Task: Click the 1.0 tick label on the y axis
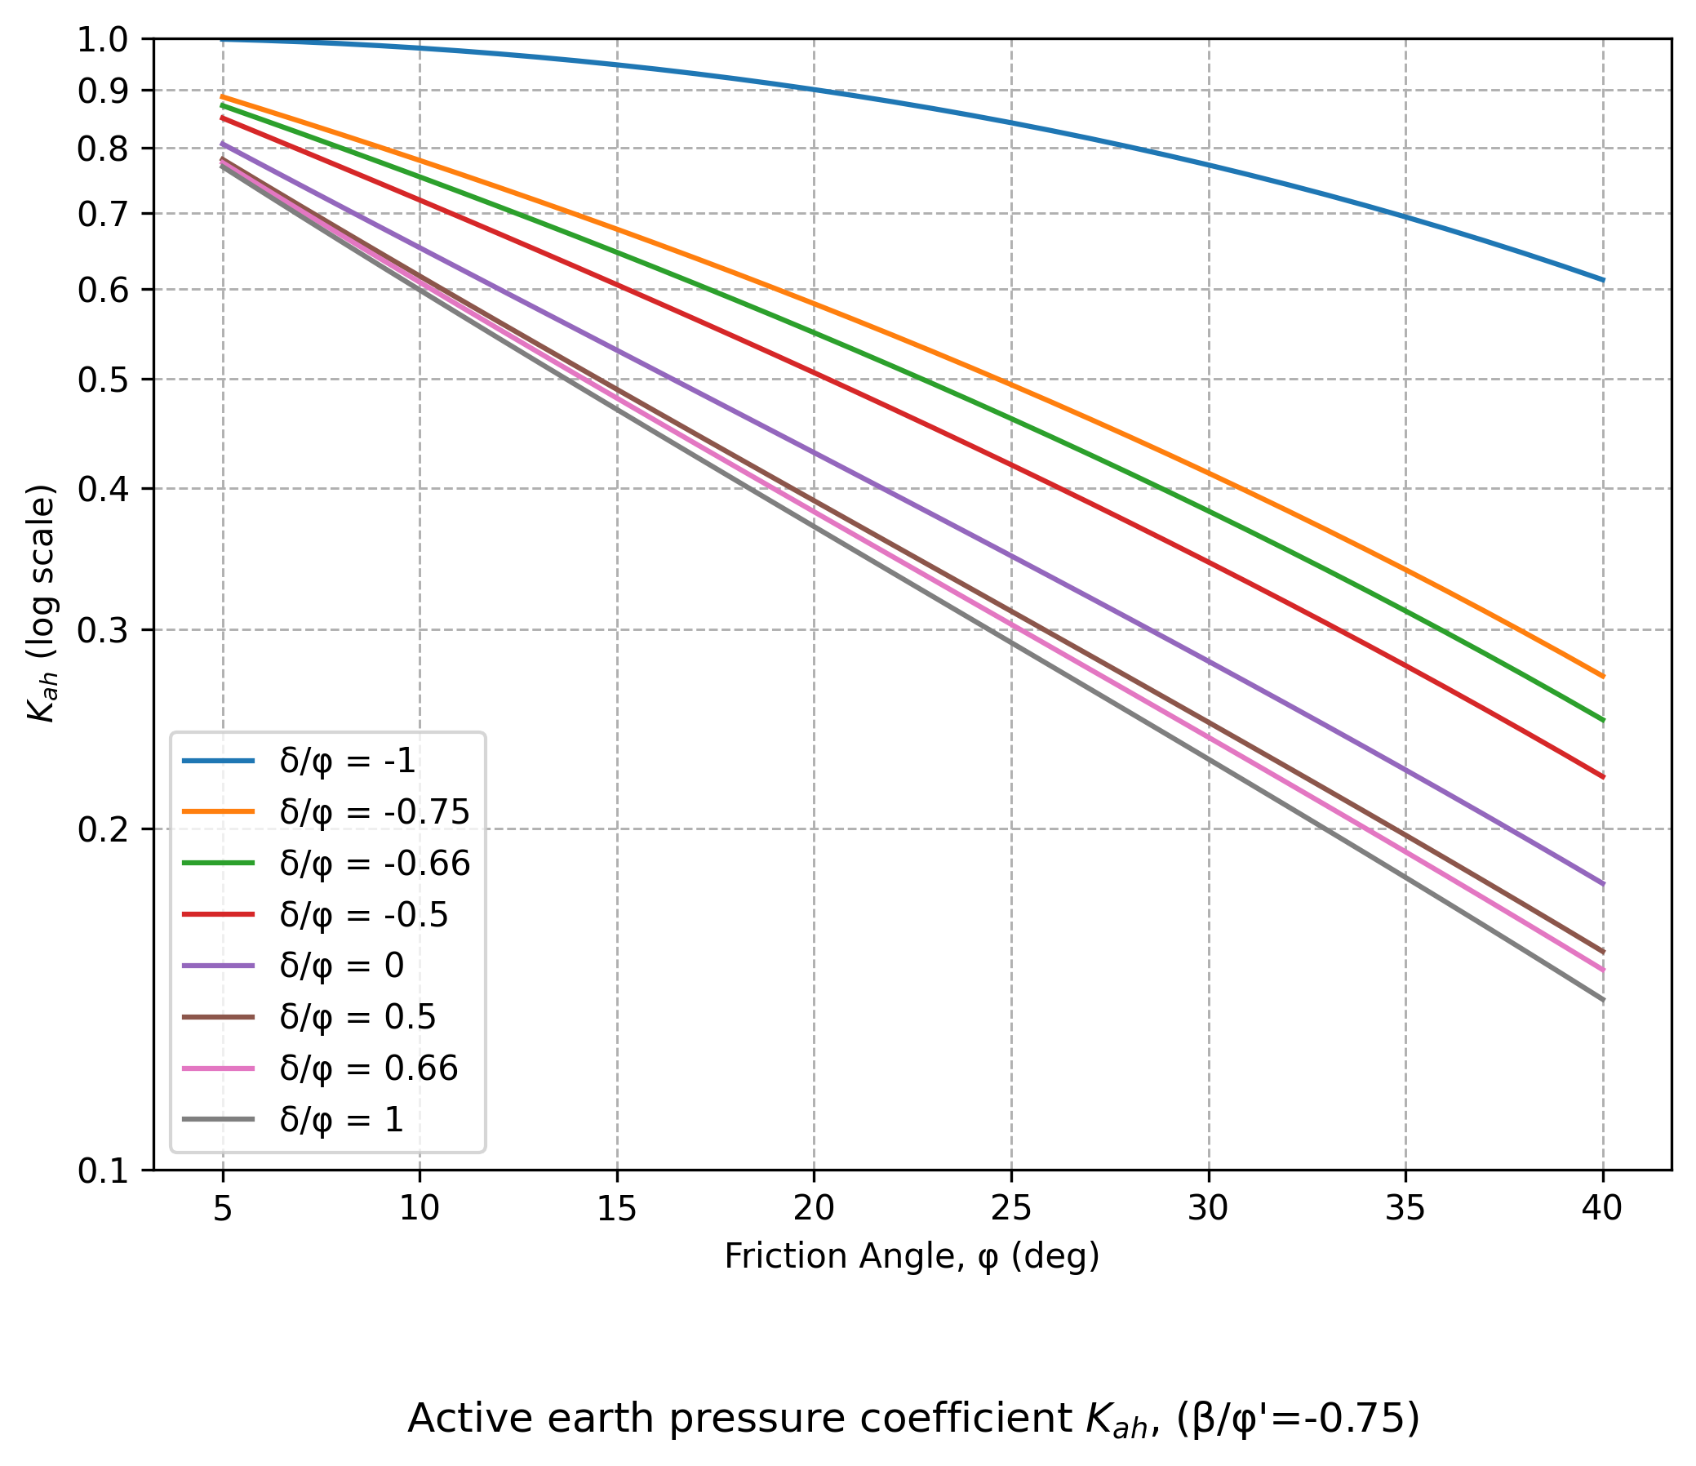click(x=103, y=39)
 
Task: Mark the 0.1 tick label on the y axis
click(x=103, y=1171)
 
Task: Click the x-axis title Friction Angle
click(x=912, y=1256)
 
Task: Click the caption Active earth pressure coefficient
click(x=912, y=1418)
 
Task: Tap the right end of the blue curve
click(x=1603, y=280)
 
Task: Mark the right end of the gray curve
click(x=1603, y=1000)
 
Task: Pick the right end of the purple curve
click(x=1603, y=884)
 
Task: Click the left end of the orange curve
click(x=223, y=96)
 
